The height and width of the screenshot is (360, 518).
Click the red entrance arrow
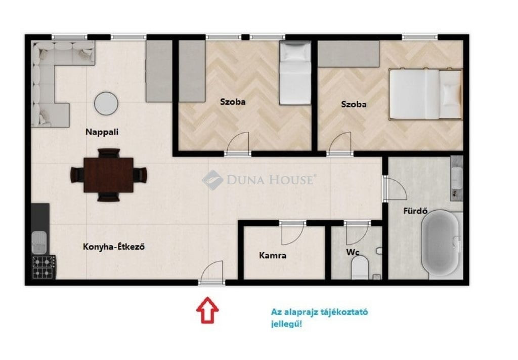point(207,309)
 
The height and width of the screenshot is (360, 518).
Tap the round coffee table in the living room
point(106,103)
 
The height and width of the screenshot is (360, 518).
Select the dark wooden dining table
point(109,175)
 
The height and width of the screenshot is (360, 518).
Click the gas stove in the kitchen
point(44,267)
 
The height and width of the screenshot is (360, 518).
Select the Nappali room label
point(102,132)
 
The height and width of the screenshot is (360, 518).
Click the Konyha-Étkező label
point(114,247)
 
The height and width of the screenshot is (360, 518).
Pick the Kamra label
point(273,255)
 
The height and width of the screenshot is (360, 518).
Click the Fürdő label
point(415,211)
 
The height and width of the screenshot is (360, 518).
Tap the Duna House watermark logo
point(212,180)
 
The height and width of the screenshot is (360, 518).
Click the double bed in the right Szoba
point(425,94)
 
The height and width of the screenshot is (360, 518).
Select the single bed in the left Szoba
point(295,73)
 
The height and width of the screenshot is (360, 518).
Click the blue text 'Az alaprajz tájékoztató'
point(319,312)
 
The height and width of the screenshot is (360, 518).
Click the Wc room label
point(353,252)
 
